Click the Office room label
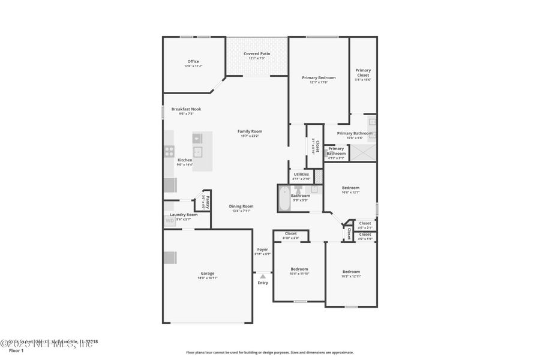pos(193,61)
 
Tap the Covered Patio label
pos(256,54)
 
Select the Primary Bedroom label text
pos(319,77)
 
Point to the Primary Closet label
pos(363,73)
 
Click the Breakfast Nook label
pos(186,109)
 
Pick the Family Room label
pos(250,131)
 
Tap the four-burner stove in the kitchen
pos(169,151)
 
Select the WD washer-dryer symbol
pos(170,221)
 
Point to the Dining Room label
pos(241,206)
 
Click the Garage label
pos(207,273)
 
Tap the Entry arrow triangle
pos(263,277)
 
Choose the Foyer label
pos(263,250)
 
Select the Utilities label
pos(301,174)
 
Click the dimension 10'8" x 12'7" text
pos(350,193)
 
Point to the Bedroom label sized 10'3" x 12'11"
pos(351,271)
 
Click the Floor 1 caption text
pos(16,350)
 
